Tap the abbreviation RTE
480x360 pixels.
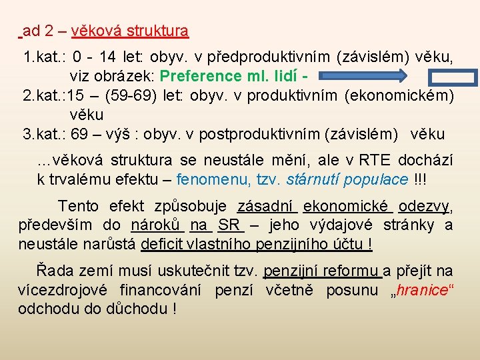[376, 161]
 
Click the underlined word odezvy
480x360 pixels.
[425, 206]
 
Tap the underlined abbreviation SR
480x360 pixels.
[229, 225]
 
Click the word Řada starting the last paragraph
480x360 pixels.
[53, 271]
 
